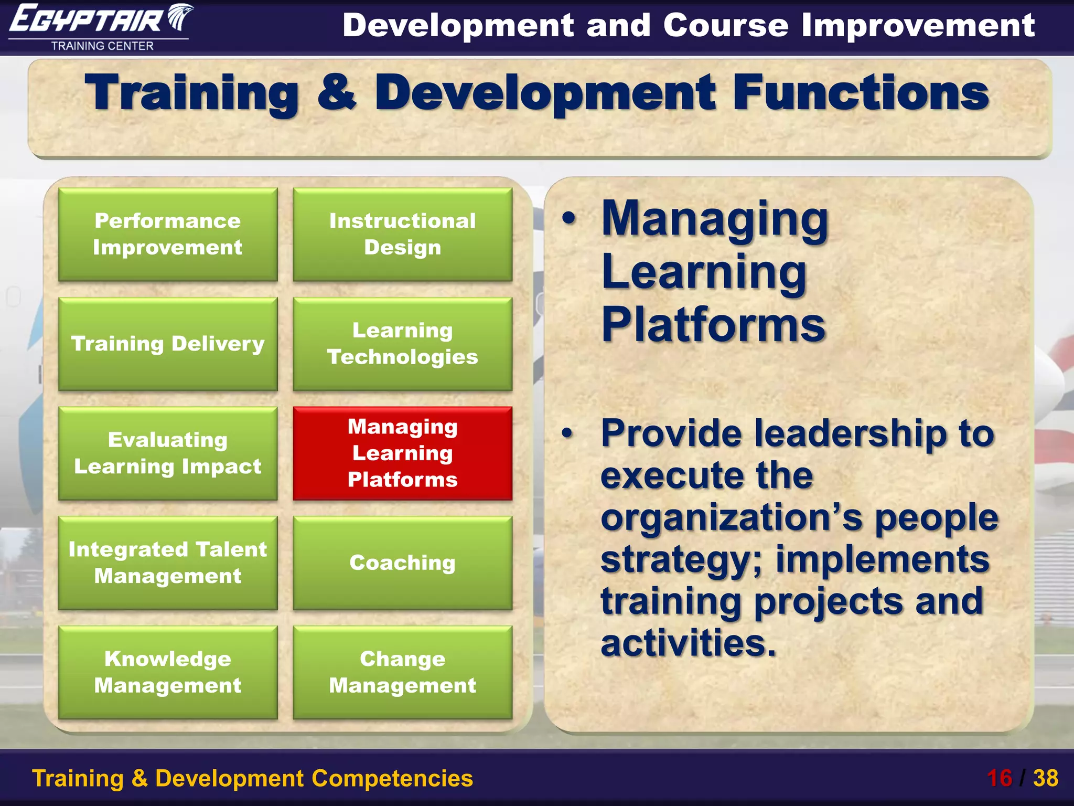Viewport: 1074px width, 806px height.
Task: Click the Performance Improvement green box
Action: tap(168, 235)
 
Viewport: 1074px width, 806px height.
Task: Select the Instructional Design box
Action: tap(402, 235)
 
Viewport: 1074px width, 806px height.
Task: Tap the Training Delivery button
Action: tap(168, 344)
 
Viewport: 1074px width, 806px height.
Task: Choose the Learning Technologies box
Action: tap(402, 344)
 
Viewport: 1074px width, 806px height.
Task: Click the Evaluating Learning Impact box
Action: tap(168, 453)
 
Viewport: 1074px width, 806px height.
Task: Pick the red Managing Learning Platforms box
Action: tap(402, 453)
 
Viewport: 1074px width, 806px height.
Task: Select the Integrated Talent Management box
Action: tap(168, 563)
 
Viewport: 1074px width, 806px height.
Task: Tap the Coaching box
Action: tap(402, 563)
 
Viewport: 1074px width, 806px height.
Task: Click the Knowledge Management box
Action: tap(168, 672)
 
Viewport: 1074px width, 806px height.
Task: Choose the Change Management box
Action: tap(402, 672)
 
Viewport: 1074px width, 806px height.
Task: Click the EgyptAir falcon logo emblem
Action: tap(180, 17)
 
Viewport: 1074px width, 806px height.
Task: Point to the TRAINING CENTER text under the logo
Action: tap(102, 46)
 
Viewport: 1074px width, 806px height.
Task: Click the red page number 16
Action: tap(999, 778)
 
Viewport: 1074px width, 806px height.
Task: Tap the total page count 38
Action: tap(1046, 778)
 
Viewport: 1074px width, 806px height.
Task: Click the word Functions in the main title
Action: tap(861, 93)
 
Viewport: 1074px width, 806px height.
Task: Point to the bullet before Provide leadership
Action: tap(567, 433)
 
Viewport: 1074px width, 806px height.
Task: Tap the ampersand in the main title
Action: tap(336, 93)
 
